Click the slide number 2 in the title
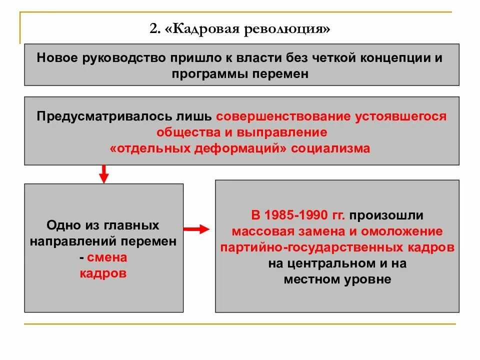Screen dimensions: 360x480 tap(152, 29)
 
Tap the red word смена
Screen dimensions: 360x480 tap(107, 257)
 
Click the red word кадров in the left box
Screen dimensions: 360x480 tap(103, 274)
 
